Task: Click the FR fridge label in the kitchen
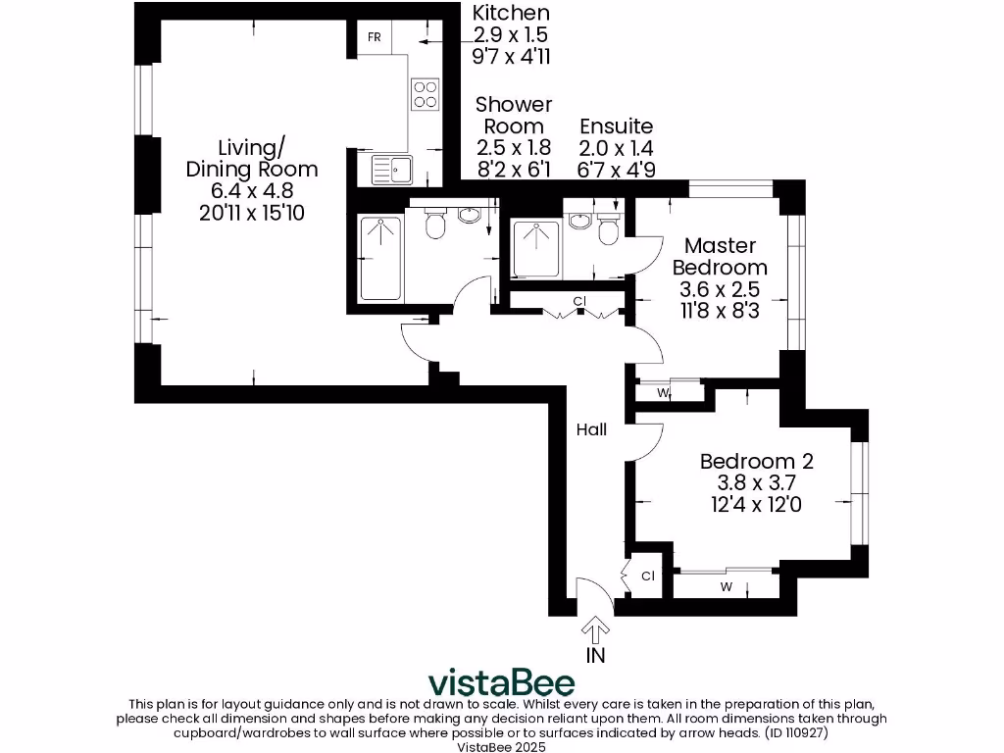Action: click(x=374, y=37)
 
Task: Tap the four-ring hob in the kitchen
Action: click(x=425, y=93)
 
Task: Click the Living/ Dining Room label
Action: click(x=252, y=158)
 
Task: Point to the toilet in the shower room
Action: click(x=435, y=226)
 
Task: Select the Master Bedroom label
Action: click(x=720, y=256)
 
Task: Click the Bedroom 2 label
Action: click(x=756, y=461)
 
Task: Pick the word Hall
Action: click(x=591, y=429)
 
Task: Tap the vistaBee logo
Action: click(x=501, y=681)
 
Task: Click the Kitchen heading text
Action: click(x=511, y=14)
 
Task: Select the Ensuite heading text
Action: click(x=616, y=126)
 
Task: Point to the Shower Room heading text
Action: click(x=514, y=115)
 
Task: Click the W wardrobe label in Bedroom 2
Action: click(x=727, y=588)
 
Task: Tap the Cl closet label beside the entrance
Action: click(x=648, y=576)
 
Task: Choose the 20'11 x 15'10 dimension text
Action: click(x=252, y=212)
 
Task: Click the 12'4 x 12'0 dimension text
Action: click(x=756, y=505)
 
